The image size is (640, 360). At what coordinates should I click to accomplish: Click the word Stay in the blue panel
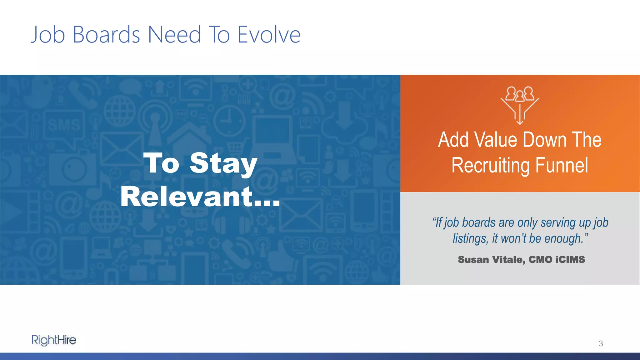tap(223, 163)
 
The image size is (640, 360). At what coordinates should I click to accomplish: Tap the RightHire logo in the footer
tap(54, 340)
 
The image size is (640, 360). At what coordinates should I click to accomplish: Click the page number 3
tap(601, 344)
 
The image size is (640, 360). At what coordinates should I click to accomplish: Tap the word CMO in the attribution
tap(540, 260)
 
